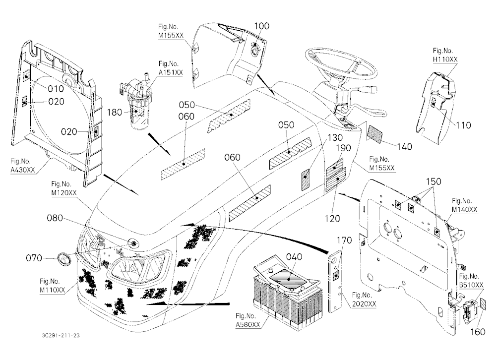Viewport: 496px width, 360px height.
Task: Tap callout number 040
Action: pos(294,256)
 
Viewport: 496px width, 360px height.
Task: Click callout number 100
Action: pos(262,26)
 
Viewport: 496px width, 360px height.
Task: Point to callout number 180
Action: pos(115,112)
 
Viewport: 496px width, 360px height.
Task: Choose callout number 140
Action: pos(405,146)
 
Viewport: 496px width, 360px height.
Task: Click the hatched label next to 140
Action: pos(375,134)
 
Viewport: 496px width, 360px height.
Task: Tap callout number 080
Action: pos(55,218)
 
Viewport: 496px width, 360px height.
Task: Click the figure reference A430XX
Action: pos(22,170)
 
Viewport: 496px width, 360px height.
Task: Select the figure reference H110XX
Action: pos(445,59)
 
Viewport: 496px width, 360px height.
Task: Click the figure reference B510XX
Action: pos(471,285)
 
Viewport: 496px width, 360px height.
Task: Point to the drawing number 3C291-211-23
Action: pos(61,335)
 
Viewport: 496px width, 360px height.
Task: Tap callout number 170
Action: pos(344,240)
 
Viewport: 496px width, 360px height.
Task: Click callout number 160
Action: pos(478,332)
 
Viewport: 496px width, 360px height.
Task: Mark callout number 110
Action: pos(463,125)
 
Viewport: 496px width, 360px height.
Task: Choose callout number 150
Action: pos(434,181)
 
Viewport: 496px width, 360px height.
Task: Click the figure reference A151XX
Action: pos(171,72)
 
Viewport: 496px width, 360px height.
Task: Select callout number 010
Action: pos(56,89)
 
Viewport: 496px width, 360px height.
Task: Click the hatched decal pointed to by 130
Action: pos(305,179)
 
